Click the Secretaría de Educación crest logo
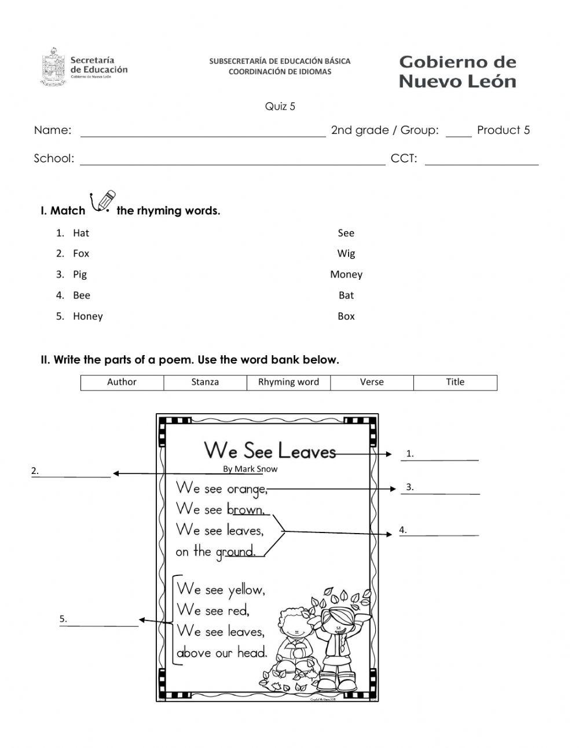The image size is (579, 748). point(53,67)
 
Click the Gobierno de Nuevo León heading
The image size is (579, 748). point(457,71)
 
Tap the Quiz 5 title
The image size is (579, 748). point(280,106)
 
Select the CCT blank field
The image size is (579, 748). point(481,160)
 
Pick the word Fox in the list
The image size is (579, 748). point(81,253)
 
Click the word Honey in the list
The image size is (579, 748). point(87,316)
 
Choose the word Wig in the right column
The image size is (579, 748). point(346,253)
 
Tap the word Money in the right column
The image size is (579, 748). point(346,274)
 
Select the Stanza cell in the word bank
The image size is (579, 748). point(205,382)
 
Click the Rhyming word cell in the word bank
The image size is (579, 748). point(288,382)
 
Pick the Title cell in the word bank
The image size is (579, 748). point(455,382)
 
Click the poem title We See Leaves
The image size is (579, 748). point(270,450)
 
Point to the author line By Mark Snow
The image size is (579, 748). point(250,469)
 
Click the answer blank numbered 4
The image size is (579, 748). point(443,531)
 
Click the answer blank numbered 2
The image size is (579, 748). point(75,472)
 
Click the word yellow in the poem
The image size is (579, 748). point(246,590)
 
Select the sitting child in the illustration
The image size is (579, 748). point(295,640)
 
